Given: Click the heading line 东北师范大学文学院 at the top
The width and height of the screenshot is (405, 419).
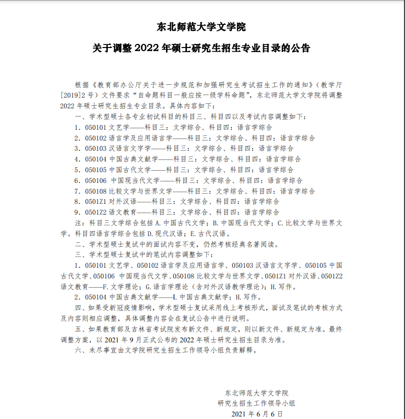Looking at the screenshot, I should pyautogui.click(x=202, y=27).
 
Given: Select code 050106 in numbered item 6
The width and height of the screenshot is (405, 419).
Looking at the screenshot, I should pyautogui.click(x=96, y=180).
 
